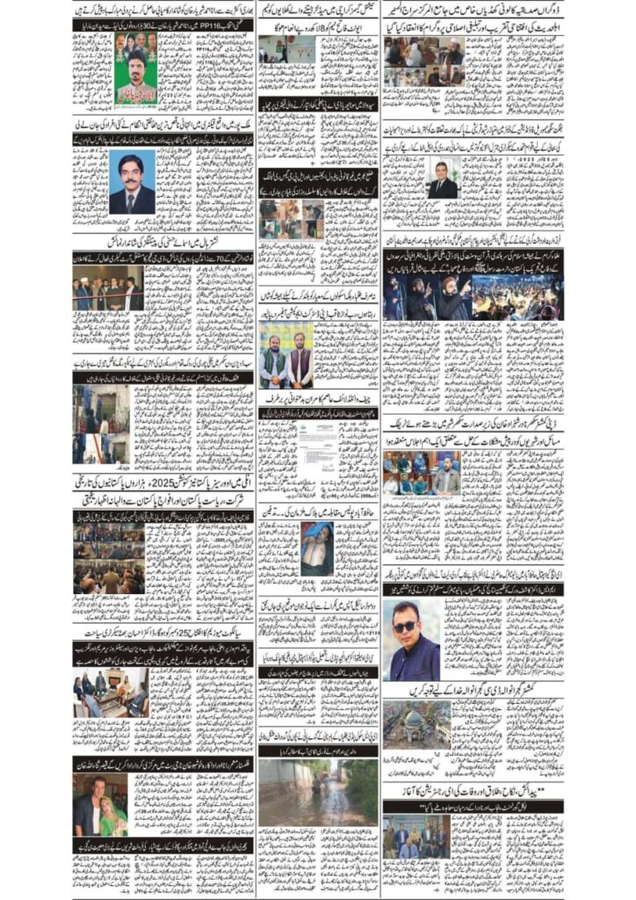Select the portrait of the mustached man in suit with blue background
132,181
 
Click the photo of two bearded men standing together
287,356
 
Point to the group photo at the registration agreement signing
416,839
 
